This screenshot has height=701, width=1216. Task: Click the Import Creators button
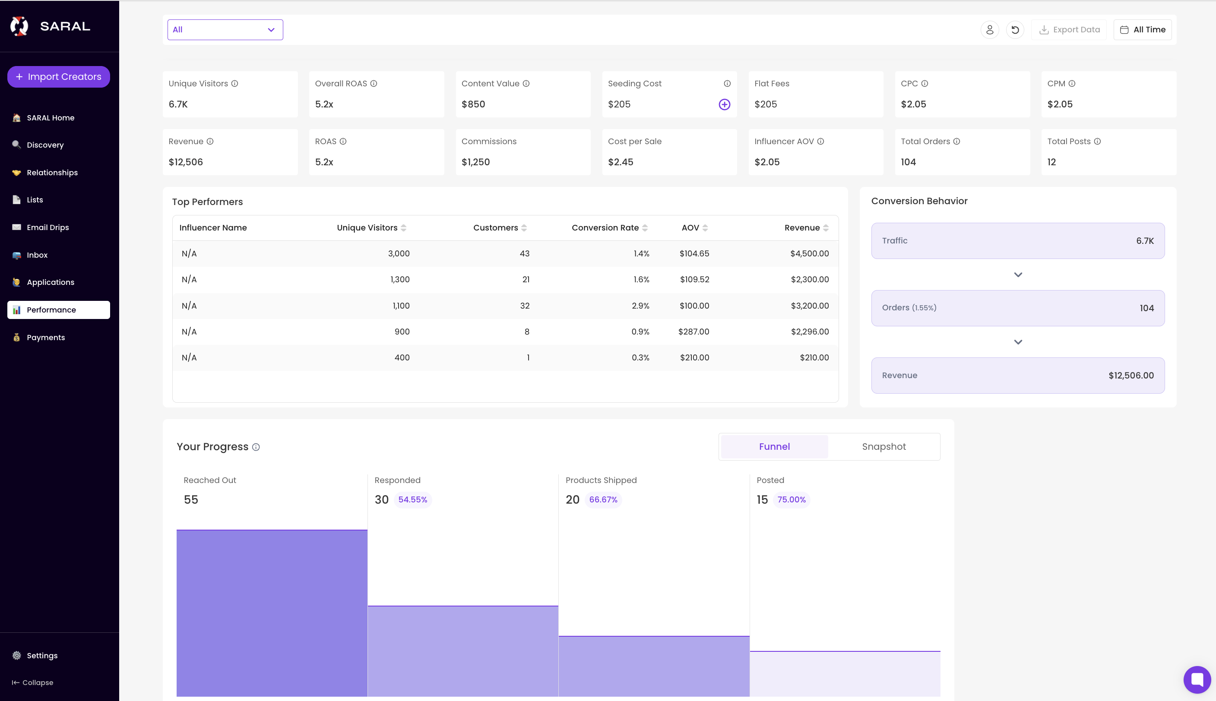pos(58,76)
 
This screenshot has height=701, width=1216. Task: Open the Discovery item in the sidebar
pos(45,145)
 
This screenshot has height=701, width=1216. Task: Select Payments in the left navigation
pos(45,337)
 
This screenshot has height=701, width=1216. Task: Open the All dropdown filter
pos(225,30)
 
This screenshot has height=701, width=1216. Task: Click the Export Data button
pos(1069,30)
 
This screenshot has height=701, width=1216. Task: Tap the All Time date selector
pos(1142,30)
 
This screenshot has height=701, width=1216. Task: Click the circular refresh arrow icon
pos(1015,30)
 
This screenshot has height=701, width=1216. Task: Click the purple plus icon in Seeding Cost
pos(724,104)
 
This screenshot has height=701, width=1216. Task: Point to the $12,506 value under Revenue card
pos(185,162)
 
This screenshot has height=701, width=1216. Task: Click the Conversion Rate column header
pos(605,228)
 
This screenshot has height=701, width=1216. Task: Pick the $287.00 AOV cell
pos(693,332)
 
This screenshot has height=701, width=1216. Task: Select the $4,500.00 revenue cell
pos(809,254)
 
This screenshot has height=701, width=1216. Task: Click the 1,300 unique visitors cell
pos(400,280)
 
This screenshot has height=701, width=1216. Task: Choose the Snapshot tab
pos(883,446)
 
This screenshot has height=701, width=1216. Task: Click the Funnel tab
pos(774,446)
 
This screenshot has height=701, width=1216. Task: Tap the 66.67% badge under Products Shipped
pos(603,500)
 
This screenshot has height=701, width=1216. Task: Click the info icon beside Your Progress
pos(256,447)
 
